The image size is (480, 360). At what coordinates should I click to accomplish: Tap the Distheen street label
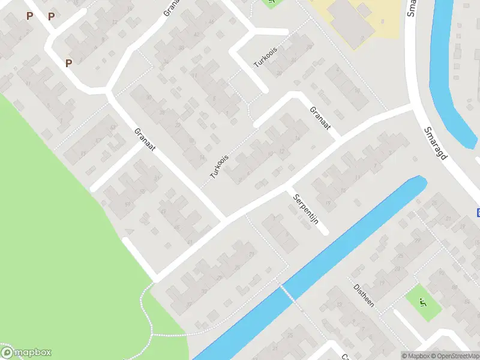coord(364,295)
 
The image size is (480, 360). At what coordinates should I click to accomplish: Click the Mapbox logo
coord(26,353)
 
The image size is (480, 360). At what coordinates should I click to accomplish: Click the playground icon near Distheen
coord(424,302)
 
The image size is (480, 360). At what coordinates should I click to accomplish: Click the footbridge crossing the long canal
coord(288,293)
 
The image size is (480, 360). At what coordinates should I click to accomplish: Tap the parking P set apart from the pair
coord(68,62)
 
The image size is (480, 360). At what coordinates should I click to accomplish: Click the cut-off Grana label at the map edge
coord(171,8)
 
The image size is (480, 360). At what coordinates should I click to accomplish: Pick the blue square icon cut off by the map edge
coord(478,212)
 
